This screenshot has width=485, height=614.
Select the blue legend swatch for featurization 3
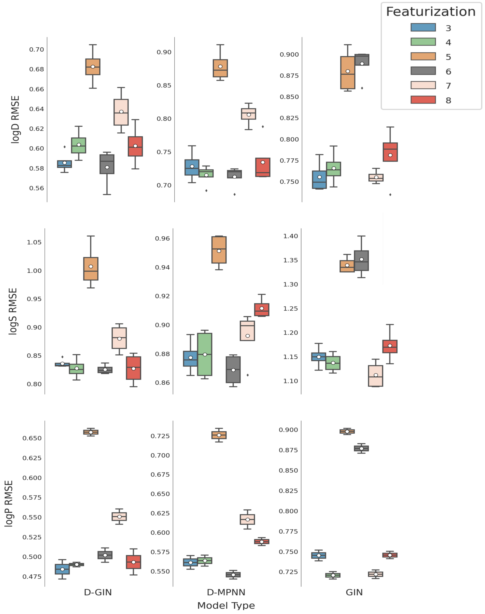pyautogui.click(x=423, y=28)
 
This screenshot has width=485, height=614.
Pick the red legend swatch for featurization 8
pyautogui.click(x=423, y=100)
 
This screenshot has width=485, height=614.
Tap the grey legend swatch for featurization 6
pyautogui.click(x=423, y=71)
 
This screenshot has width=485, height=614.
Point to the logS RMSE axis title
pyautogui.click(x=13, y=311)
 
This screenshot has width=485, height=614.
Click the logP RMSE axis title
pyautogui.click(x=9, y=504)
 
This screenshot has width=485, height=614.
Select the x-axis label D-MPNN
pyautogui.click(x=226, y=592)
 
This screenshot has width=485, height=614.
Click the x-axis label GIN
pyautogui.click(x=354, y=592)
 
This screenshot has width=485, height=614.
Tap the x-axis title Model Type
pyautogui.click(x=226, y=606)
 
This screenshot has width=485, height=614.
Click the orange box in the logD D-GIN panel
pyautogui.click(x=93, y=67)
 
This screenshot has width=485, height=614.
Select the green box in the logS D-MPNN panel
pyautogui.click(x=205, y=354)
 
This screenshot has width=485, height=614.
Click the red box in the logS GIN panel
pyautogui.click(x=390, y=346)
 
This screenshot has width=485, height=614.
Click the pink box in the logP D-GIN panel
pyautogui.click(x=119, y=517)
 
